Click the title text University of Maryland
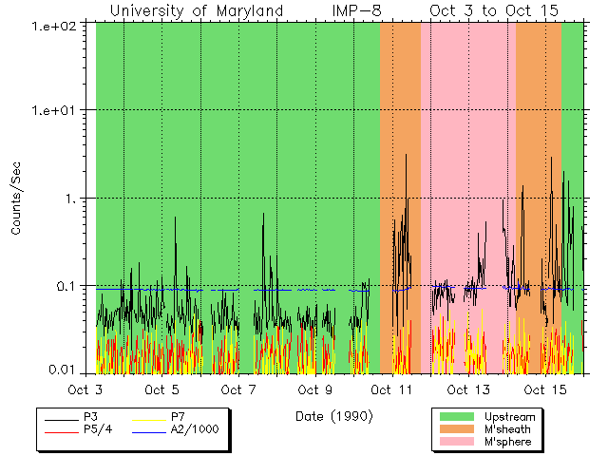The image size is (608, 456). tap(197, 10)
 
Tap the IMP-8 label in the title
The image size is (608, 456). tap(357, 10)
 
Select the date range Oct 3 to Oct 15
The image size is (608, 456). tap(494, 10)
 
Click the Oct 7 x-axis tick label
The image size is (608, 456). tap(238, 389)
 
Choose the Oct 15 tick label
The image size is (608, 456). tap(545, 389)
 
